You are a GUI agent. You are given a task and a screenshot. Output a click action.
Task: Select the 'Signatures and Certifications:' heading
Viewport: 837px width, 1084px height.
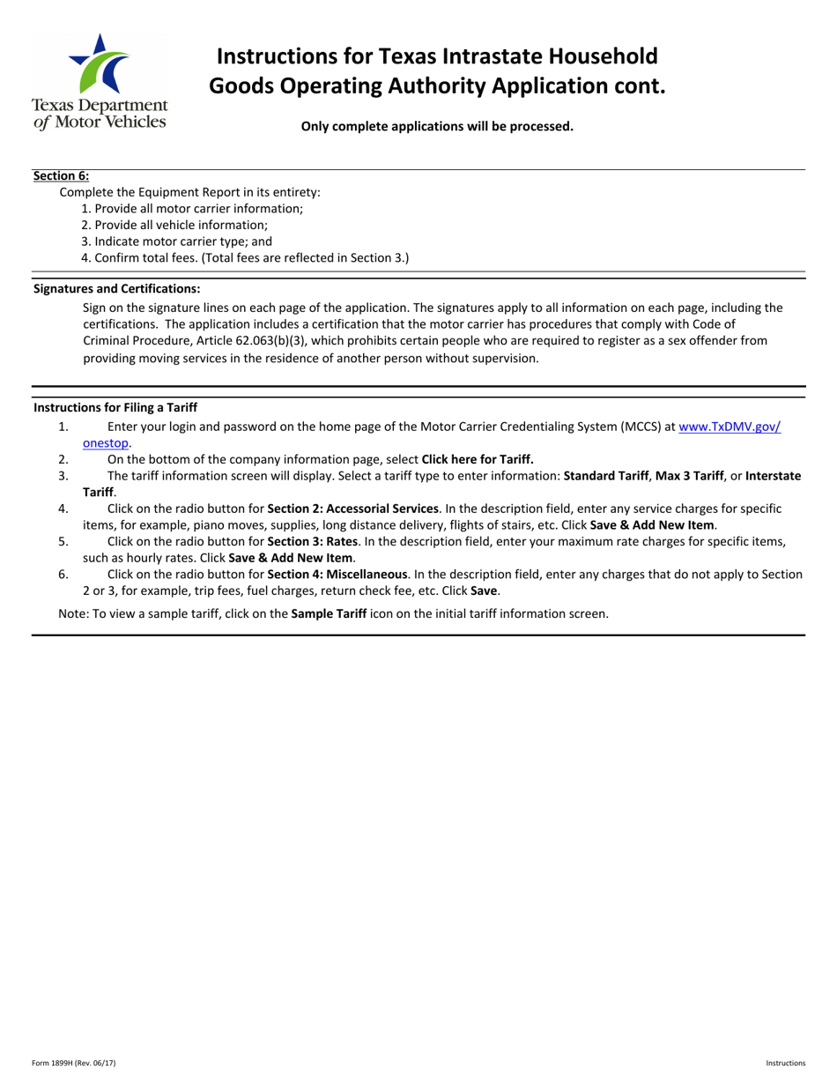coord(116,288)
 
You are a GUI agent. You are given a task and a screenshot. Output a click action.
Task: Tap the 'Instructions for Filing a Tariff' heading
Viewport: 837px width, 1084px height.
coord(115,407)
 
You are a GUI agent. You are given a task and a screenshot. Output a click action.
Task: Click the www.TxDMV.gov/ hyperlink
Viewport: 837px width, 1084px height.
coord(729,426)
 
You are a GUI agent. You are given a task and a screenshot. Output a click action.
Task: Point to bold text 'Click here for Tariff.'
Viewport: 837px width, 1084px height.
coord(478,458)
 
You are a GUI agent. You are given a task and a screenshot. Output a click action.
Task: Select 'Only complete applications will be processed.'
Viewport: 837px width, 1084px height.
coord(437,126)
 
